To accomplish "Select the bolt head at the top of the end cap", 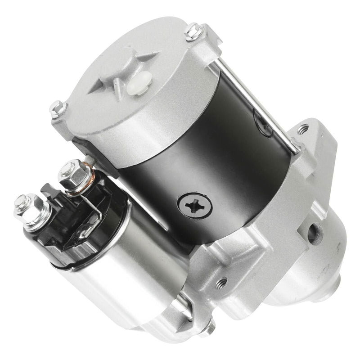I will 193,31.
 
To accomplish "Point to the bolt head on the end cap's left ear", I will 57,108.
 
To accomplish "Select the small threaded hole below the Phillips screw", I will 221,283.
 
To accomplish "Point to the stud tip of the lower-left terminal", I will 20,201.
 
